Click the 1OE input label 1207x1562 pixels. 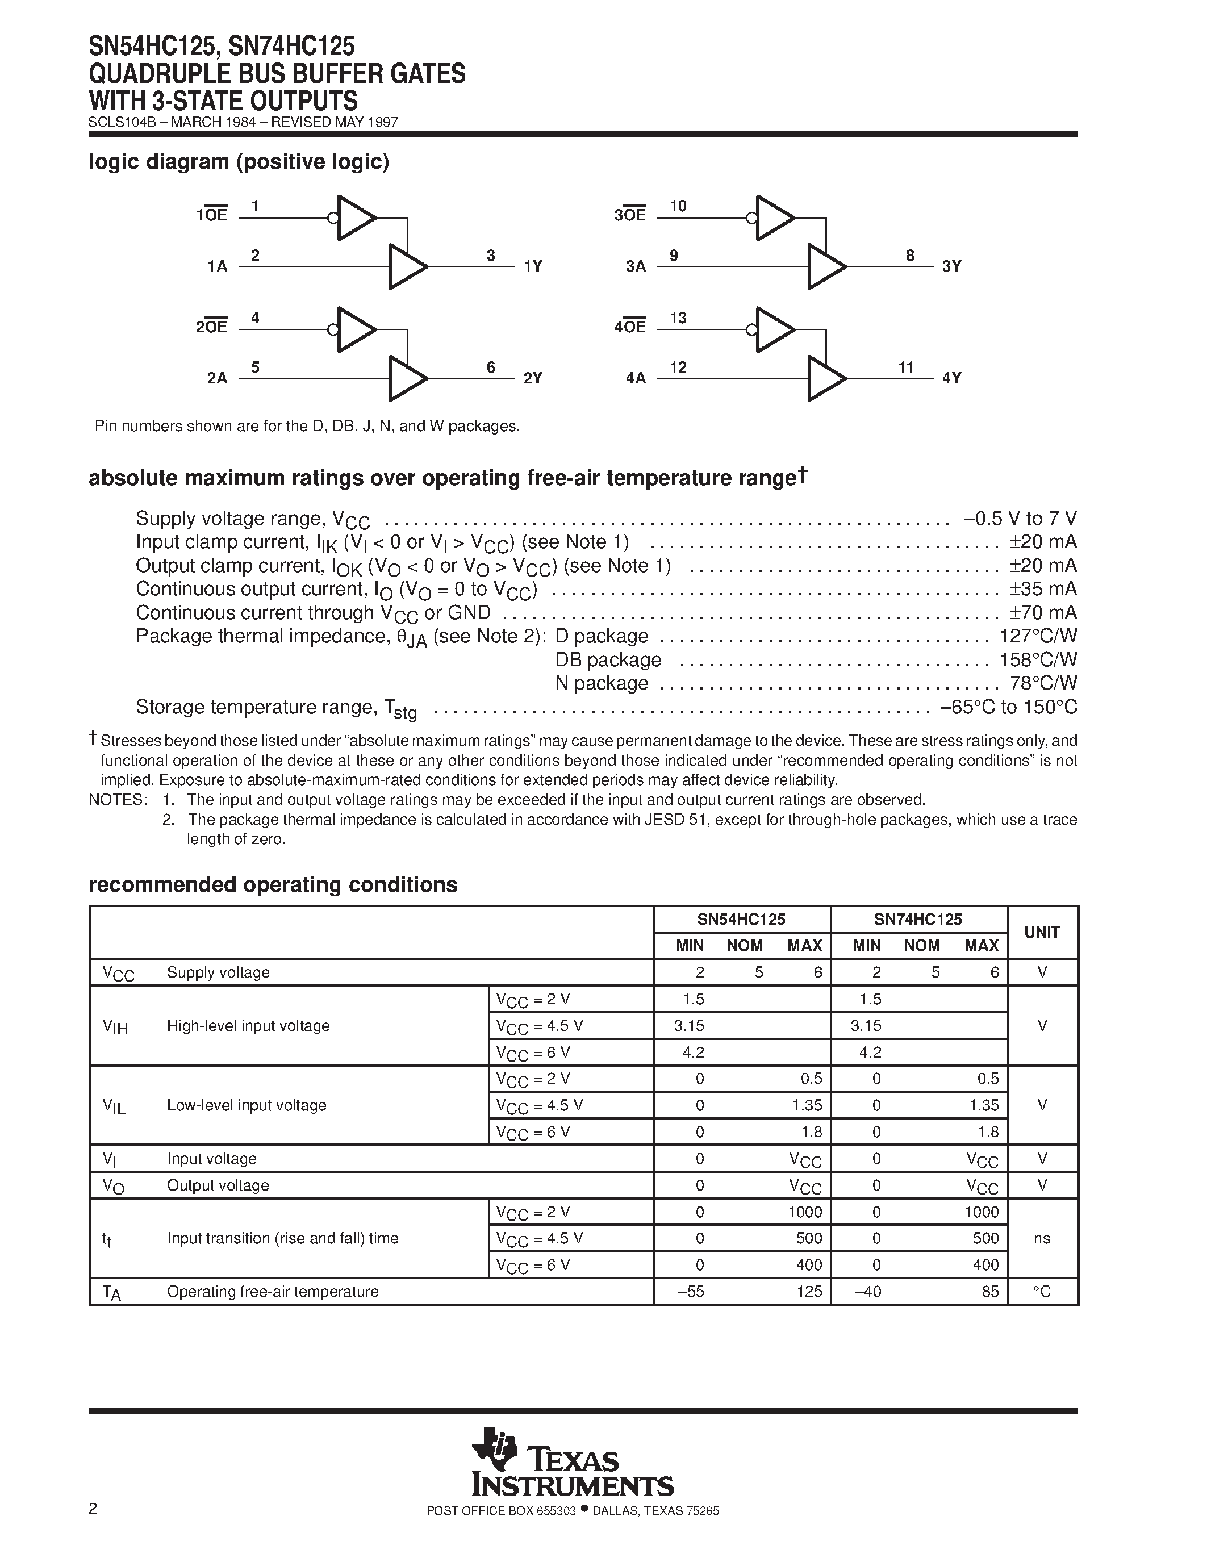[x=212, y=215]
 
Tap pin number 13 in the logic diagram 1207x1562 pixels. [x=678, y=318]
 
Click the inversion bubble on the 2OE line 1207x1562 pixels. [x=332, y=329]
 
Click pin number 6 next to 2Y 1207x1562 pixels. [x=491, y=367]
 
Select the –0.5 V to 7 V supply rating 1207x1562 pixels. [x=1020, y=519]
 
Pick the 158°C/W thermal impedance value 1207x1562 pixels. [x=1038, y=659]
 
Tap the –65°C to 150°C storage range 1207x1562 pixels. [x=1008, y=707]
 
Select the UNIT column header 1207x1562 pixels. [x=1042, y=933]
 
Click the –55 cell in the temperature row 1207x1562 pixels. [x=691, y=1292]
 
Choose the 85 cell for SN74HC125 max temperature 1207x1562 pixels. [x=991, y=1292]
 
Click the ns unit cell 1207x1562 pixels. [x=1042, y=1238]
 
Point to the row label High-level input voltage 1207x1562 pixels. [x=248, y=1026]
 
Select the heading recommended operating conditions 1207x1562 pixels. [x=273, y=885]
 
